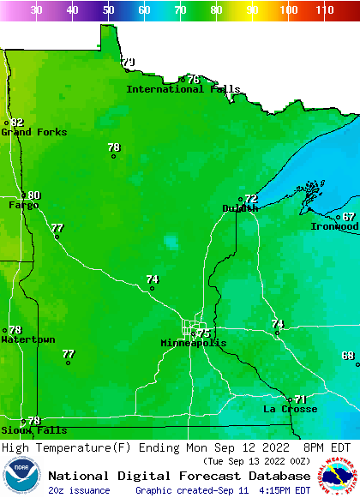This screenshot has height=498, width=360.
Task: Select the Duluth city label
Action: pyautogui.click(x=240, y=208)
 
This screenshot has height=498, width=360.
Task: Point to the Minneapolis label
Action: pyautogui.click(x=194, y=343)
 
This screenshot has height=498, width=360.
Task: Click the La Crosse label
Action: pyautogui.click(x=290, y=409)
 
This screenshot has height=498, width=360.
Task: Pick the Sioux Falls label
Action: pyautogui.click(x=33, y=430)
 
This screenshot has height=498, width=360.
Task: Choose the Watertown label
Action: pyautogui.click(x=28, y=339)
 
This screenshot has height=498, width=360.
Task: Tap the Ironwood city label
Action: pyautogui.click(x=334, y=226)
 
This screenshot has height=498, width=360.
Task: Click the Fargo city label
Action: pyautogui.click(x=24, y=205)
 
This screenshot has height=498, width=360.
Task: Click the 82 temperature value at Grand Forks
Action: pyautogui.click(x=17, y=123)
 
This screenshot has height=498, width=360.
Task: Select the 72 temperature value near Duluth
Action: pyautogui.click(x=251, y=199)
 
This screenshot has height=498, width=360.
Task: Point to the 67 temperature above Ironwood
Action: pyautogui.click(x=349, y=217)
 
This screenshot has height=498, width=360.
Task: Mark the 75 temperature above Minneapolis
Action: pyautogui.click(x=203, y=333)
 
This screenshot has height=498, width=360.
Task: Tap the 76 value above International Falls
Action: pyautogui.click(x=194, y=80)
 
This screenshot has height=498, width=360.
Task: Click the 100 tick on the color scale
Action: pyautogui.click(x=289, y=10)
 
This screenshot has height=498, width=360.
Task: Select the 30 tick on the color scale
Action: pyautogui.click(x=36, y=10)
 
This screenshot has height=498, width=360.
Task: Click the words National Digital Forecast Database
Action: pyautogui.click(x=179, y=476)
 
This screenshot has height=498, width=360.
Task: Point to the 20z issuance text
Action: pyautogui.click(x=78, y=490)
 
